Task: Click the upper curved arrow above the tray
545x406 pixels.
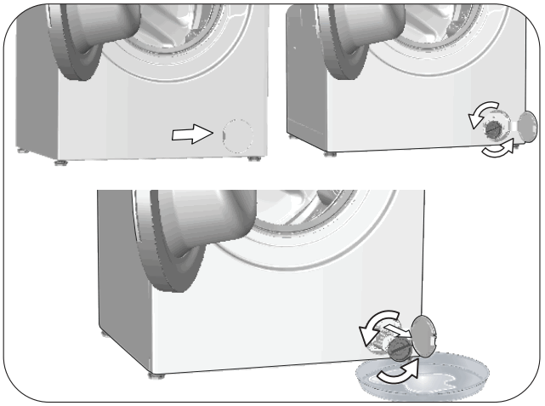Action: tap(373, 321)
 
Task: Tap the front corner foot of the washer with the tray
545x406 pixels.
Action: tap(154, 375)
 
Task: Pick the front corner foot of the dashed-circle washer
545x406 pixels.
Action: tap(58, 158)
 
